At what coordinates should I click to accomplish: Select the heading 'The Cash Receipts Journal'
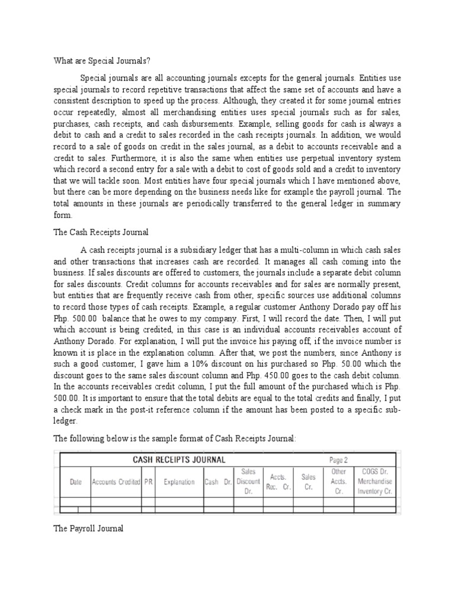101,233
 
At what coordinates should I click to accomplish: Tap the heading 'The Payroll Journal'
89,528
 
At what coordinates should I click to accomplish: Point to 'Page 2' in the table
338,459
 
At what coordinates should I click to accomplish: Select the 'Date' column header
76,482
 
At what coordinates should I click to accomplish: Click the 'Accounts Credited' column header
116,482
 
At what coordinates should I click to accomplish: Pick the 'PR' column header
148,482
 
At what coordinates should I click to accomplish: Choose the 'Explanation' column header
179,482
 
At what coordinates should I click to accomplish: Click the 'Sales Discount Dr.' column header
248,482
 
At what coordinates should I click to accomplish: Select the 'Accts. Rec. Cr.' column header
278,482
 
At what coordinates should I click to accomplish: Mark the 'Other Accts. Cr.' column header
339,482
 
